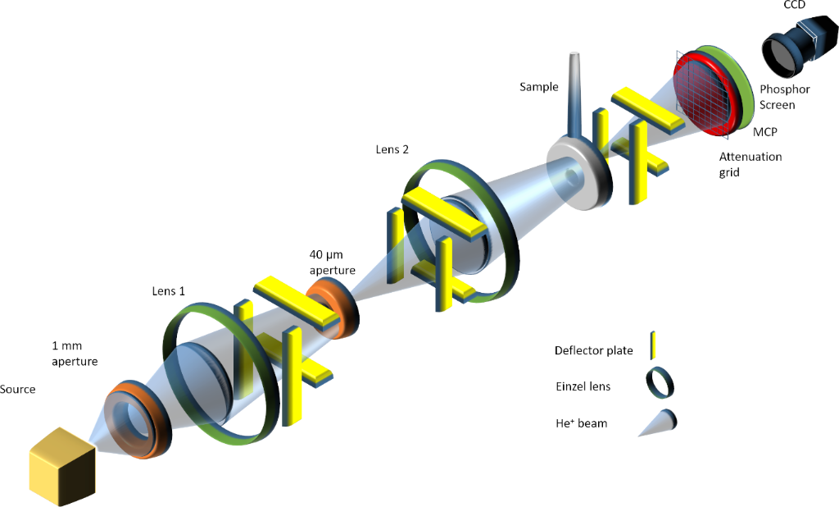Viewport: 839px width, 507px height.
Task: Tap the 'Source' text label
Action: tap(18, 390)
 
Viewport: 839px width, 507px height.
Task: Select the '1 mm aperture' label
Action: tap(75, 354)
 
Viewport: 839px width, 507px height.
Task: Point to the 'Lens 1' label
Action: tap(169, 291)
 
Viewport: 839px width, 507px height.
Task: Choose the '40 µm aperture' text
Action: tap(333, 263)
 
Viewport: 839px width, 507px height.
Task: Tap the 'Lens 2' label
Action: tap(392, 149)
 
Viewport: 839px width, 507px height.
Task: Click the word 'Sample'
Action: tap(539, 87)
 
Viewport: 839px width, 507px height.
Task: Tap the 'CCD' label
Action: tap(795, 5)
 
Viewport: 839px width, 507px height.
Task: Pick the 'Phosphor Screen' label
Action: tap(785, 97)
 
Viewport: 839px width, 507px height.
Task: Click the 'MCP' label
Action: tap(765, 132)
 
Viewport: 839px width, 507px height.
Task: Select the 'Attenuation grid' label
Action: tap(751, 165)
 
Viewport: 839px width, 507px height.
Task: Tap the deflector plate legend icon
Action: tap(653, 345)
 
